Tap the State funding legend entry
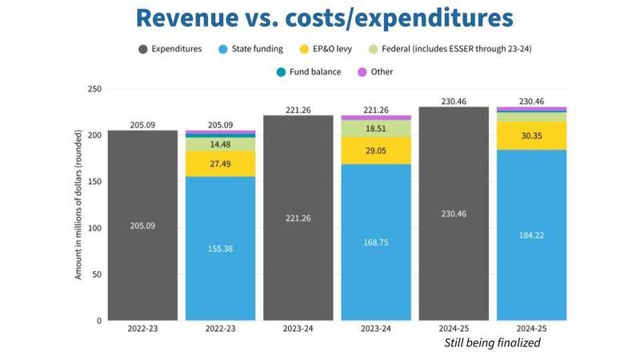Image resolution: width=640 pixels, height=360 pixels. coord(251,49)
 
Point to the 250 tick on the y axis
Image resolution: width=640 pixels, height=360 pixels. coord(94,89)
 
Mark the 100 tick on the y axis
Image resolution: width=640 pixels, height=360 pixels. coord(94,228)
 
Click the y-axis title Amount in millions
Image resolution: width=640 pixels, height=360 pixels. coord(78,206)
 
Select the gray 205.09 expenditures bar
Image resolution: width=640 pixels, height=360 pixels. coord(143,226)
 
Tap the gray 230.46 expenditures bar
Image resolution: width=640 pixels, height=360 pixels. coord(453,214)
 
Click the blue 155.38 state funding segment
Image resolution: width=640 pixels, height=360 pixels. coord(220,249)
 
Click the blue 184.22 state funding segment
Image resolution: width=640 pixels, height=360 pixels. coord(531,235)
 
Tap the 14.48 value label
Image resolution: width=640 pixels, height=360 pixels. coord(220,145)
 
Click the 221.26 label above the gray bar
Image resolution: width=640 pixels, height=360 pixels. coord(298,110)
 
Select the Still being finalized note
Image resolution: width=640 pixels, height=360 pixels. coord(492,342)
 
